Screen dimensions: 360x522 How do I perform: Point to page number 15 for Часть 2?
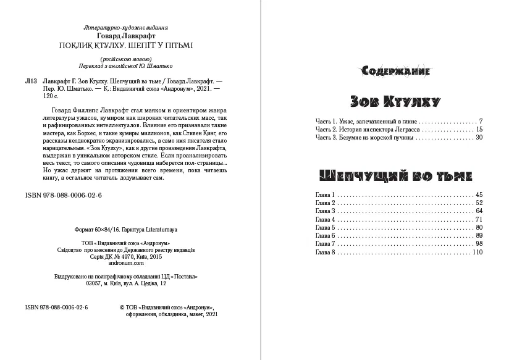[x=478, y=128]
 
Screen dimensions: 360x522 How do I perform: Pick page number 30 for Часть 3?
[x=478, y=137]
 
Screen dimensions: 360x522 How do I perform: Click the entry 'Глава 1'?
[x=324, y=195]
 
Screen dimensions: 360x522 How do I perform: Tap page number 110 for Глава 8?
[x=476, y=252]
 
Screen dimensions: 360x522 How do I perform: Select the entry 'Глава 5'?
[x=324, y=227]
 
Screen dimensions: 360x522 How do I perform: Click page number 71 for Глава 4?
[x=478, y=219]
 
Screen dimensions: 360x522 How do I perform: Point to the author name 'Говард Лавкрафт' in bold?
[x=125, y=36]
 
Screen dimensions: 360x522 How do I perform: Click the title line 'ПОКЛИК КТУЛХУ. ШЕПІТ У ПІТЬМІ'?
[x=125, y=45]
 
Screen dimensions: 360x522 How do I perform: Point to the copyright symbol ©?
[x=120, y=307]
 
